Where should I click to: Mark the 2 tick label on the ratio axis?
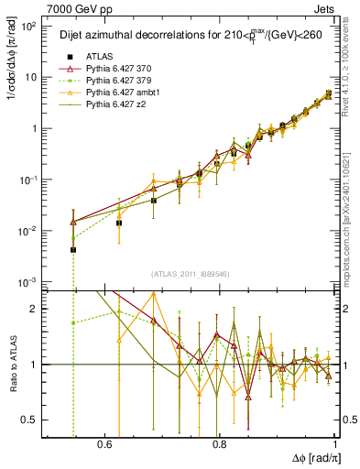pyautogui.click(x=36, y=309)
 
